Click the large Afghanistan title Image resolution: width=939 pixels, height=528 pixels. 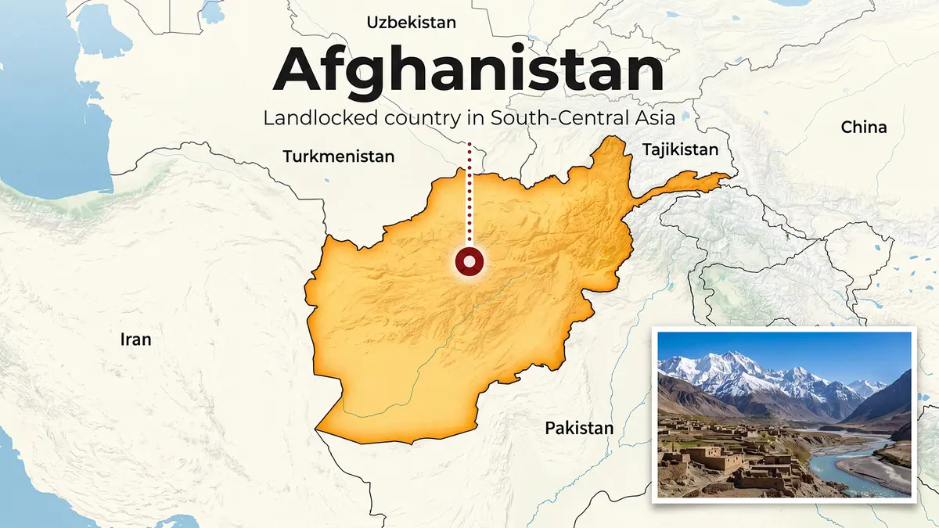(469, 70)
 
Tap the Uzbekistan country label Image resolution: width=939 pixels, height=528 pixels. (411, 23)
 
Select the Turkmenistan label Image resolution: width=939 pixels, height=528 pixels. (338, 156)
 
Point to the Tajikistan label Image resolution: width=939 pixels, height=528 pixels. (679, 150)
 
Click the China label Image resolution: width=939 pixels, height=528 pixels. (864, 127)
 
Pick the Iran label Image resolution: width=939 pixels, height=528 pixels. (135, 339)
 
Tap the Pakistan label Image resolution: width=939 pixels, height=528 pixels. (579, 428)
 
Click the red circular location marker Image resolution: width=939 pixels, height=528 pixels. (469, 263)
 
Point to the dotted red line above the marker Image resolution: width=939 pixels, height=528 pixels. (469, 196)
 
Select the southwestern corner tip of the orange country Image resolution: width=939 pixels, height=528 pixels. (317, 428)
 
